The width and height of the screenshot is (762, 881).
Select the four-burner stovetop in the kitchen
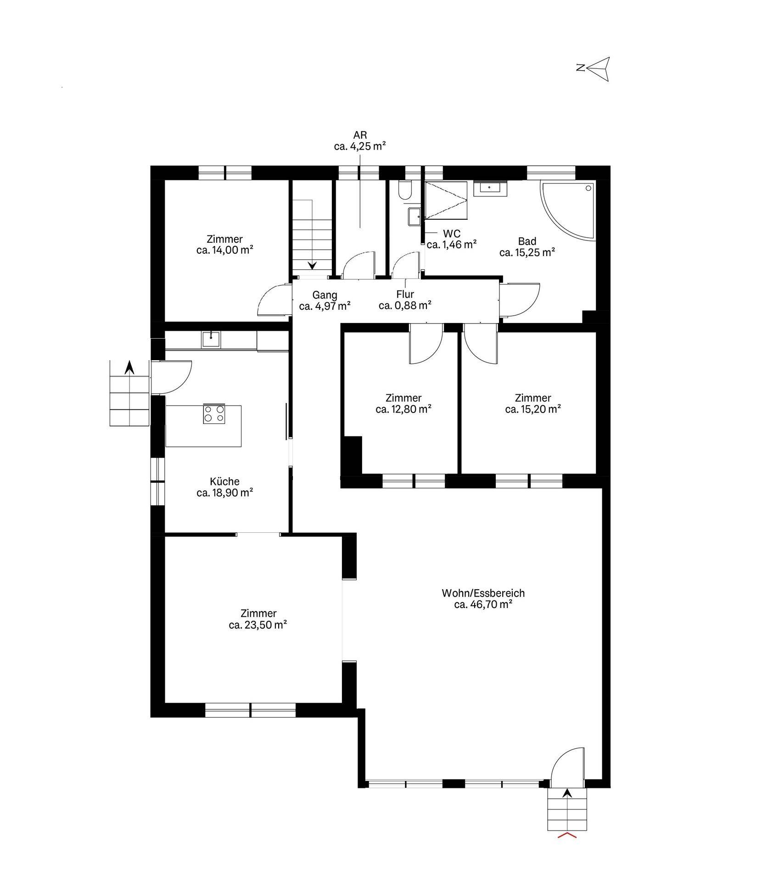coord(214,414)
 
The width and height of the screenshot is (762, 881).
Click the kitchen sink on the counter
coord(211,340)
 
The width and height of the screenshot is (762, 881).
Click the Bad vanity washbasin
coord(491,188)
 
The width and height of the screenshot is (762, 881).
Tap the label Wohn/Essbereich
coord(483,593)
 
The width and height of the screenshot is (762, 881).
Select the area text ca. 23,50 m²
coord(258,625)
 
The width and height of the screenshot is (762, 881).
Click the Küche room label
coord(224,481)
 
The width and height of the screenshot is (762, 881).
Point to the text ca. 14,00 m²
coord(225,250)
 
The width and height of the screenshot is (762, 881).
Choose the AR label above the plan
coord(359,135)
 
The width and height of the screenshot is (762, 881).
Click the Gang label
coord(325,295)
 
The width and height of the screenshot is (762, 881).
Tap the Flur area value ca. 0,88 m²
coord(405,305)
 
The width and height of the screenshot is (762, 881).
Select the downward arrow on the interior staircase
coord(312,265)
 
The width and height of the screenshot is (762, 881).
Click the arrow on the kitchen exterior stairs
coord(129,368)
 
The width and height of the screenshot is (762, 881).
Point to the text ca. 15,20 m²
coord(533,409)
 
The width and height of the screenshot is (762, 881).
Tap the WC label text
coord(452,234)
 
